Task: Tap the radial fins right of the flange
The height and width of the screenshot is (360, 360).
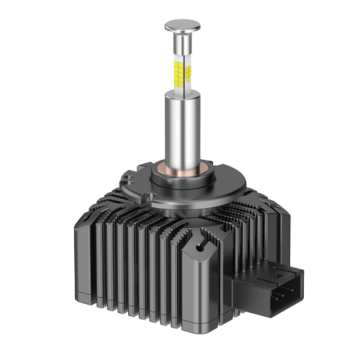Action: pos(238,194)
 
